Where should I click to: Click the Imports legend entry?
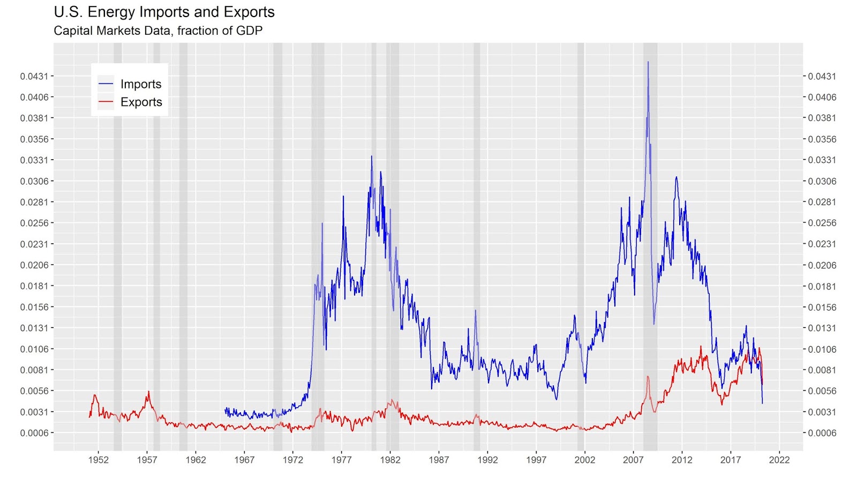(x=130, y=84)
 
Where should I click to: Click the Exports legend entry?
(x=130, y=102)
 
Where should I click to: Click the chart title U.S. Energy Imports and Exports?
(x=164, y=12)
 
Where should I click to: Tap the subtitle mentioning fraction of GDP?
(x=158, y=31)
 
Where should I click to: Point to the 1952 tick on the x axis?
(x=99, y=460)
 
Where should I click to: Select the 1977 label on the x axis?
(x=341, y=460)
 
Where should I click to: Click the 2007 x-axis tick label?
(x=633, y=460)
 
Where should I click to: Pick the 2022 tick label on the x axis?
(x=779, y=460)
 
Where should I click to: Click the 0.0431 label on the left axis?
(x=34, y=76)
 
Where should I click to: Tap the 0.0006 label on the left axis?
(x=34, y=433)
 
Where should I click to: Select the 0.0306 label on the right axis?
(x=822, y=181)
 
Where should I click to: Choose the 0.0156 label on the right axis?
(x=822, y=307)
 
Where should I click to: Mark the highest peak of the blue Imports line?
(x=648, y=62)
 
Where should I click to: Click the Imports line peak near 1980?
(x=371, y=156)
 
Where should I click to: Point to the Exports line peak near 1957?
(x=149, y=391)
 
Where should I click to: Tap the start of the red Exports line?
(x=89, y=417)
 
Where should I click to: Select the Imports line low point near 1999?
(x=557, y=400)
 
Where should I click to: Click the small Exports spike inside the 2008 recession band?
(x=648, y=377)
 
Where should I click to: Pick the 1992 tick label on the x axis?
(x=487, y=460)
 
